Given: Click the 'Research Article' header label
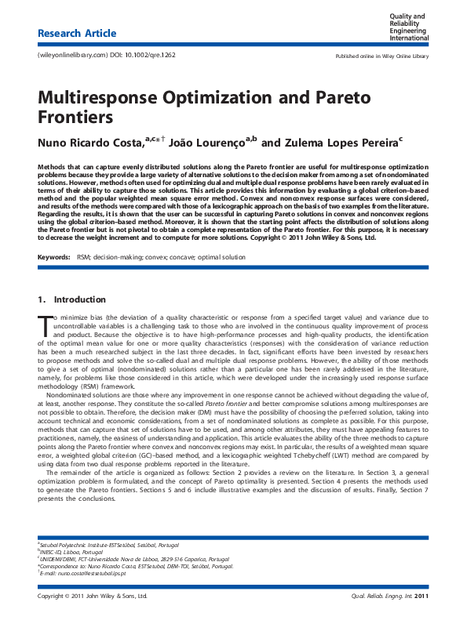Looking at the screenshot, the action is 77,34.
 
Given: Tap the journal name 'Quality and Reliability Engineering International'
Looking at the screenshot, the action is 411,27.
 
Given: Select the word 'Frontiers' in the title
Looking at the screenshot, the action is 75,118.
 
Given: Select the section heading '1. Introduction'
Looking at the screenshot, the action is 71,300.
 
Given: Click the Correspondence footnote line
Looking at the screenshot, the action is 137,566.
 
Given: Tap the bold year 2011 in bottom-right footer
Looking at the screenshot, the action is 421,597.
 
